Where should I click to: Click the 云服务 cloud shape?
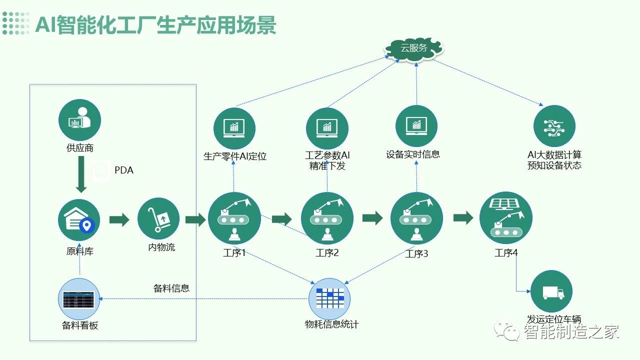(x=414, y=48)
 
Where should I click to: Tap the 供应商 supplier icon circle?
(x=79, y=120)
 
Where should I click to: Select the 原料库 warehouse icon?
(x=79, y=219)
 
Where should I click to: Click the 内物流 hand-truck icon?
(x=158, y=219)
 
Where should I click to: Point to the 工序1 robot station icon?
(x=234, y=218)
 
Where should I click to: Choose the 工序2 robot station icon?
(x=327, y=218)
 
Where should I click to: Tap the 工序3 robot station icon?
(x=416, y=218)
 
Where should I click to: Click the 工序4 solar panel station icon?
(x=505, y=218)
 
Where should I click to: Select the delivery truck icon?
(x=551, y=291)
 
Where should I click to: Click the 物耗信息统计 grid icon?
(x=329, y=298)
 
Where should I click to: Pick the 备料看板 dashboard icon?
(x=79, y=299)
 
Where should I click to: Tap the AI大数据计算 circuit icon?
(x=554, y=126)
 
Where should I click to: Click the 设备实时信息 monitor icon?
(x=416, y=126)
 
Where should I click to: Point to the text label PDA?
(x=124, y=170)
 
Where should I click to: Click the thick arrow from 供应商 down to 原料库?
(x=80, y=174)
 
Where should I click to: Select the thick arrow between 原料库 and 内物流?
(x=119, y=220)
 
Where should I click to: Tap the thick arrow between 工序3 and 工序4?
(x=463, y=218)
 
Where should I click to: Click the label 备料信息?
(x=171, y=288)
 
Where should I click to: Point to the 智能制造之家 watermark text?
(x=571, y=331)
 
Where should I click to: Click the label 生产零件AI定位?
(x=235, y=156)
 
